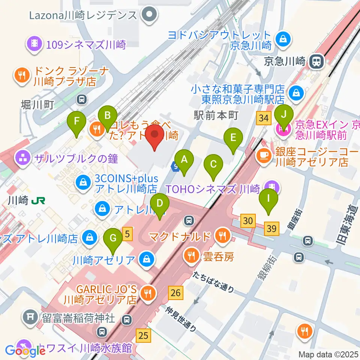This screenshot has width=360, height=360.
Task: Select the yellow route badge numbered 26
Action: coord(176,292)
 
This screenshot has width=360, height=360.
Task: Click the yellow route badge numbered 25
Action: coord(144,334)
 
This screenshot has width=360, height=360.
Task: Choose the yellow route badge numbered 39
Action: coord(272,228)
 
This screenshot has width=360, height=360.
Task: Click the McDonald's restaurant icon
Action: coord(224,236)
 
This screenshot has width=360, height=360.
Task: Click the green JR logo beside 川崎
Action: coord(38,201)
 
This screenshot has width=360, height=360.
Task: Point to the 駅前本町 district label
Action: coord(216,115)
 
